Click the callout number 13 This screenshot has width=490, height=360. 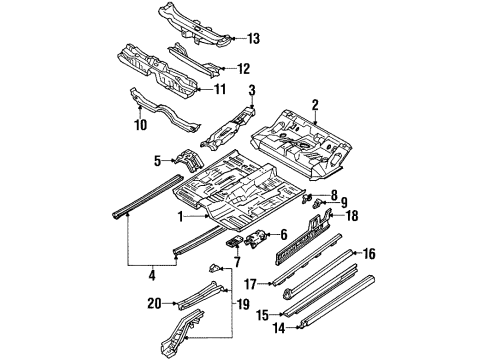pos(253,39)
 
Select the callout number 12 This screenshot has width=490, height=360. pos(244,69)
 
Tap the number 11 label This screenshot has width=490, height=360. pos(220,89)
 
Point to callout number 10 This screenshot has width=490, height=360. pos(141,125)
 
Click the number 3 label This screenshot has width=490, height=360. pos(252,90)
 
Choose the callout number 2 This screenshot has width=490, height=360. pos(315,105)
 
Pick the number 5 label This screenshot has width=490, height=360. pos(157,161)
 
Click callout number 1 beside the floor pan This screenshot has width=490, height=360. pos(180,217)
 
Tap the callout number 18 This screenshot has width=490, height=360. pos(352,215)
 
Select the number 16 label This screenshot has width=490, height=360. pos(369,254)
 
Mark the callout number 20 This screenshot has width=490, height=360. pos(155,304)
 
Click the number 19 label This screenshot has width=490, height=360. pos(243,304)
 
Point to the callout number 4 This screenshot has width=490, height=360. pos(152,276)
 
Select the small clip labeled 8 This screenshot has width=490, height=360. pos(306,199)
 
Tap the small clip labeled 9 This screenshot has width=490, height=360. pos(317,203)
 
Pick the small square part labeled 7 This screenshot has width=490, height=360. pos(234,241)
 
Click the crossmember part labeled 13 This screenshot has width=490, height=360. pos(195,25)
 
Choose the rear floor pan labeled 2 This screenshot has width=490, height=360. pos(302,143)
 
